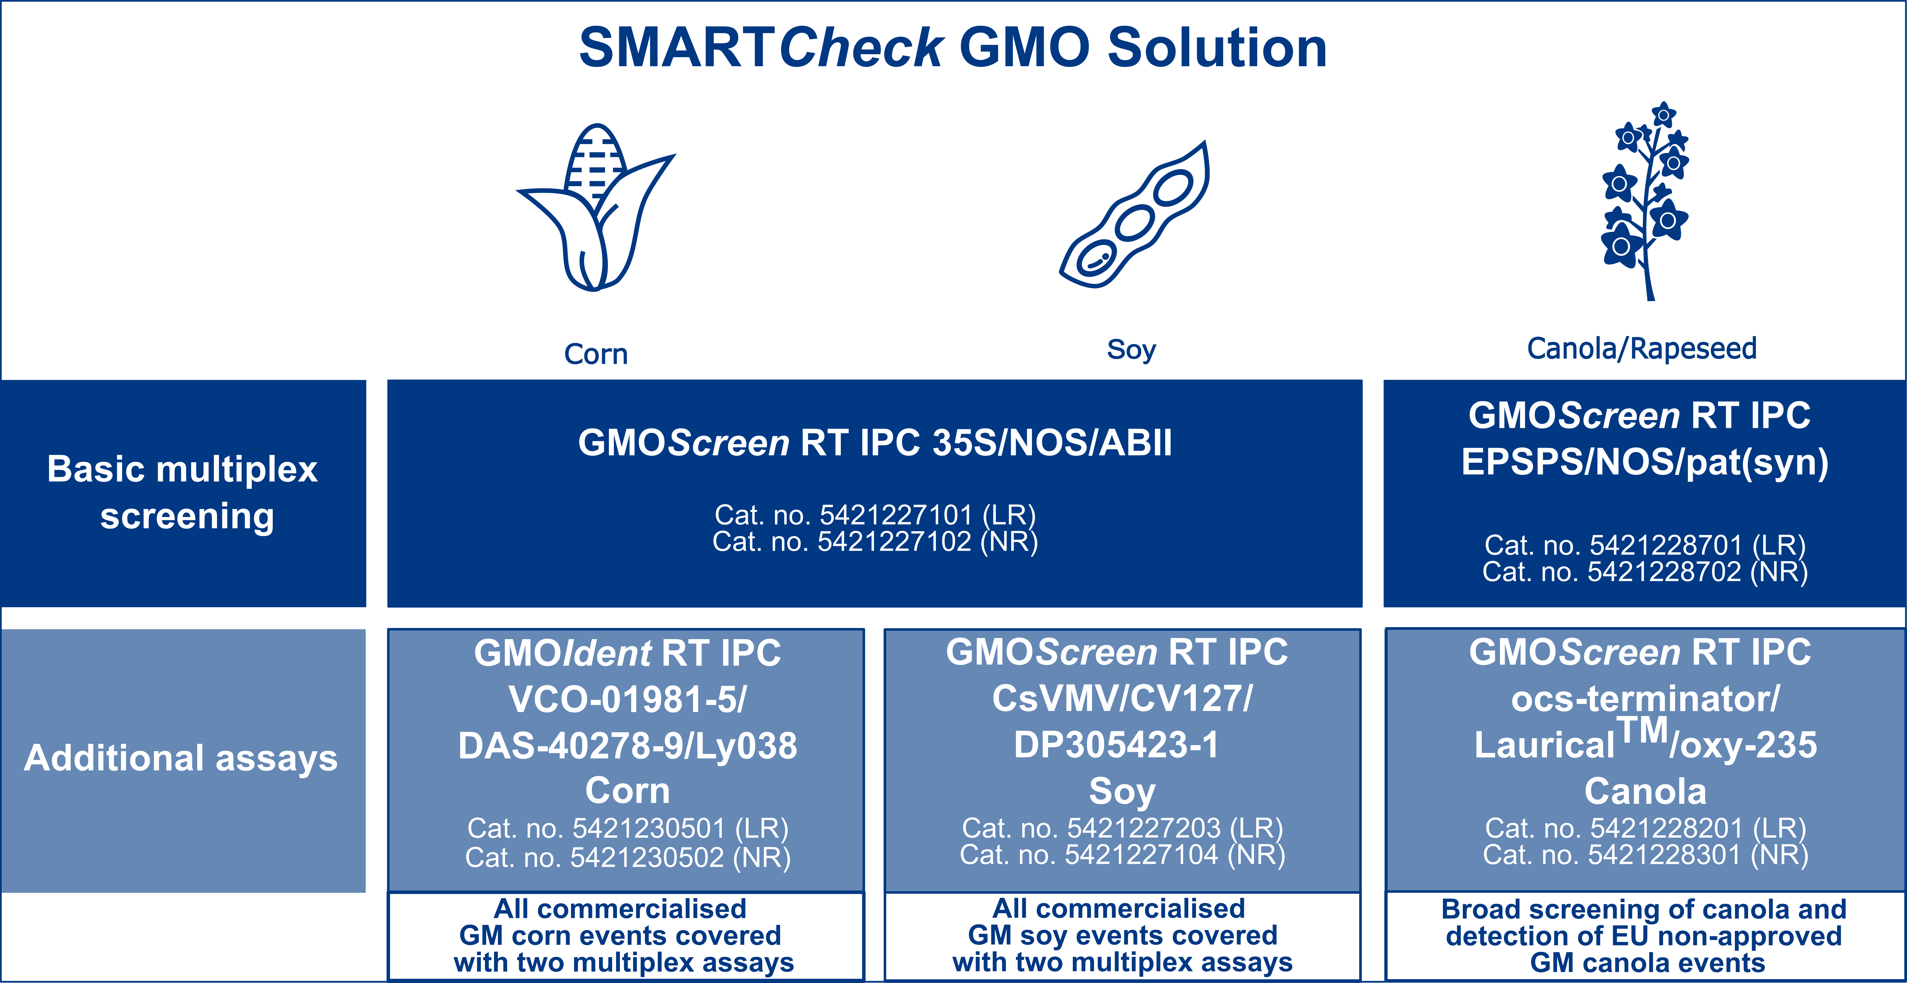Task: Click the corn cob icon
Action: (x=596, y=207)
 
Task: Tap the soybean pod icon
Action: (x=1134, y=215)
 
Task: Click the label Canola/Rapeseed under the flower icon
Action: (x=1642, y=348)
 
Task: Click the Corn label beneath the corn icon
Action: (x=596, y=354)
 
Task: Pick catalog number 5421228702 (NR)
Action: (x=1645, y=571)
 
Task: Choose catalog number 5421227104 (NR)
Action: (x=1122, y=855)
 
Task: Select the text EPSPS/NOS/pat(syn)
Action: (x=1645, y=462)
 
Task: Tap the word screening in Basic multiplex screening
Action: (x=187, y=516)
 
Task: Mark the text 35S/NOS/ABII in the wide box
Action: (x=1052, y=443)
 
